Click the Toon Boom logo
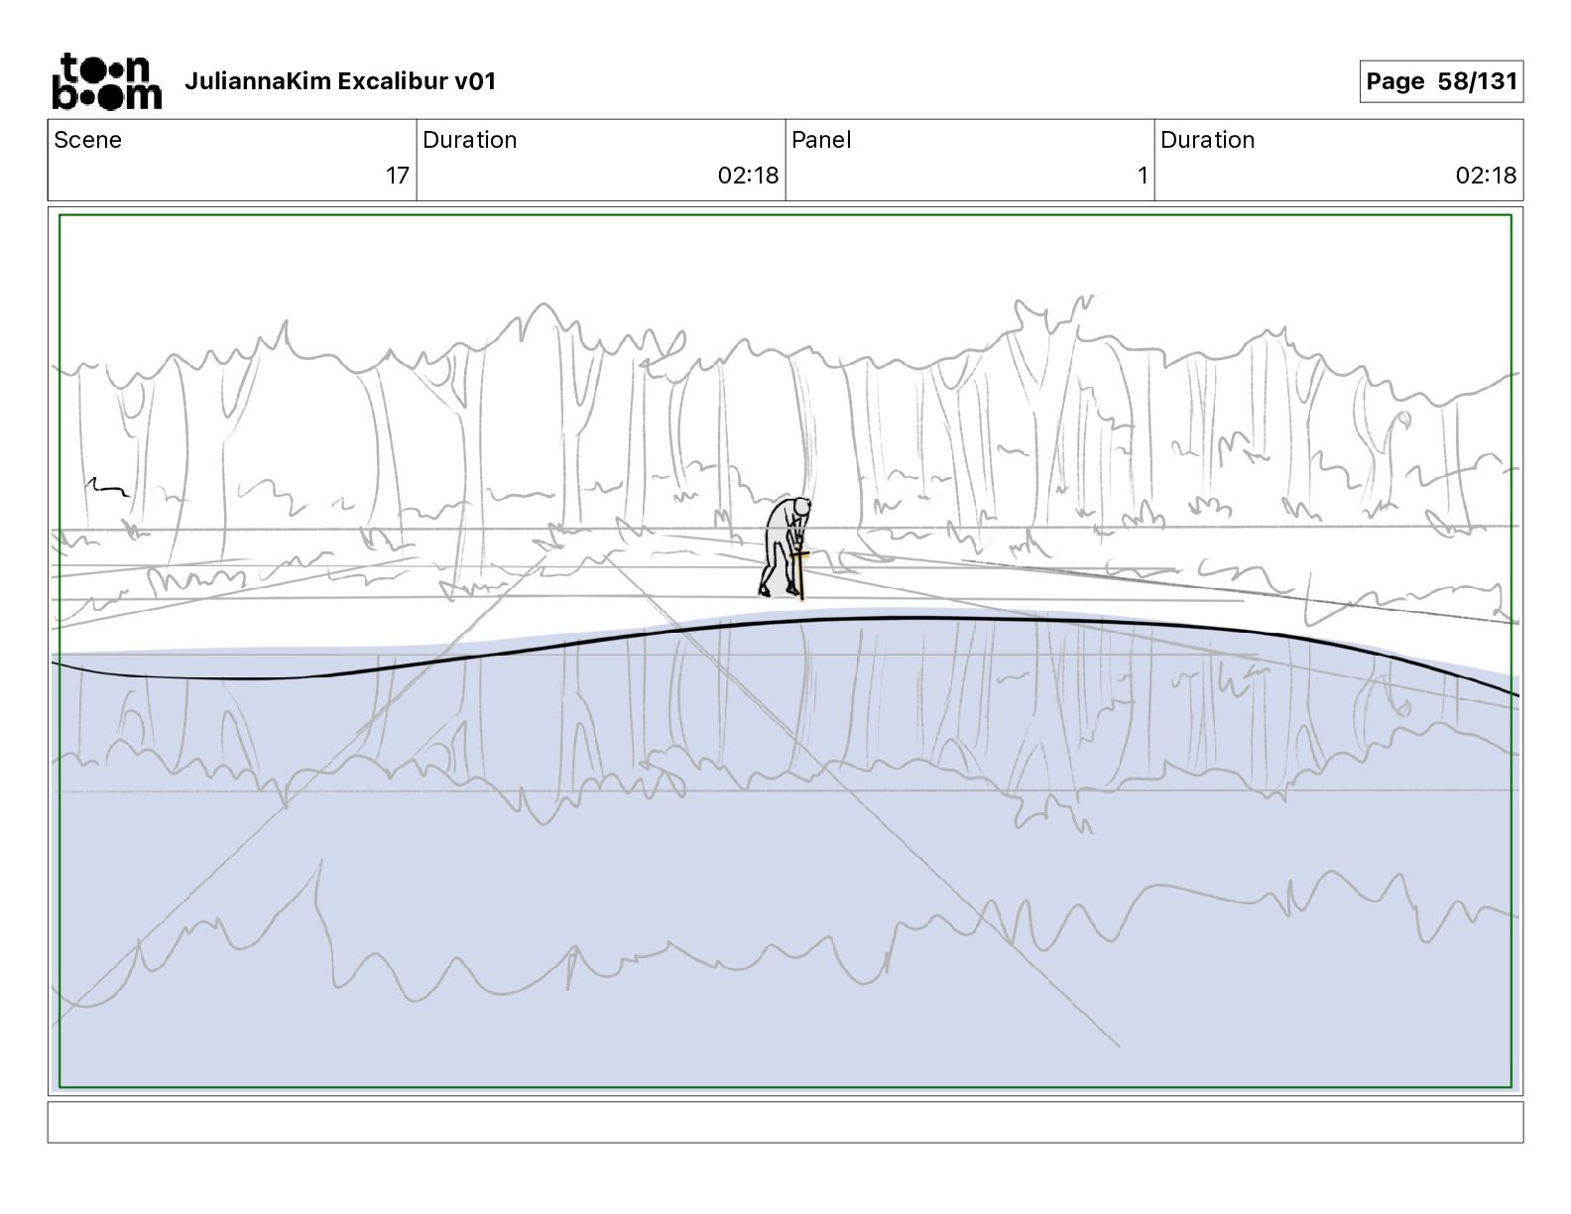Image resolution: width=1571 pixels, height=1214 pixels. tap(106, 81)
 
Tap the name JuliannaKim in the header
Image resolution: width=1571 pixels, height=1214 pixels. tap(258, 81)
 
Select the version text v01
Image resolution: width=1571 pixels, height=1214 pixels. tap(474, 81)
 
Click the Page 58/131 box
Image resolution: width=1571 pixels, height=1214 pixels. tap(1440, 81)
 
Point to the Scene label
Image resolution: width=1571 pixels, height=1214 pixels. tap(87, 140)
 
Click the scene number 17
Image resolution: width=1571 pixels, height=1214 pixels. tap(397, 176)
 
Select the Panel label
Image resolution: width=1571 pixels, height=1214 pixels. tap(821, 140)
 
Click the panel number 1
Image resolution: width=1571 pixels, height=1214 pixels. tap(1142, 176)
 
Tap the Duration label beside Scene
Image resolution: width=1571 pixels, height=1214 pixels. tap(469, 140)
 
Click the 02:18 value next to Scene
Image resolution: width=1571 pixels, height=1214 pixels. tap(748, 176)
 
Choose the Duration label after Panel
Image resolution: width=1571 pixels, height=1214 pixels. tap(1207, 140)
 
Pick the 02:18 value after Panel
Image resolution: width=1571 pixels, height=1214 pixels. tap(1486, 176)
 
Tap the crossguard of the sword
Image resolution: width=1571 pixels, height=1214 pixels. tap(800, 554)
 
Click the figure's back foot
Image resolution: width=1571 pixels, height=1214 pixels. tap(765, 590)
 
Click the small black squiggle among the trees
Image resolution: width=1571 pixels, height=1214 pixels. tap(107, 486)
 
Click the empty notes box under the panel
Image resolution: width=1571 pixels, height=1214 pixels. tap(785, 1122)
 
